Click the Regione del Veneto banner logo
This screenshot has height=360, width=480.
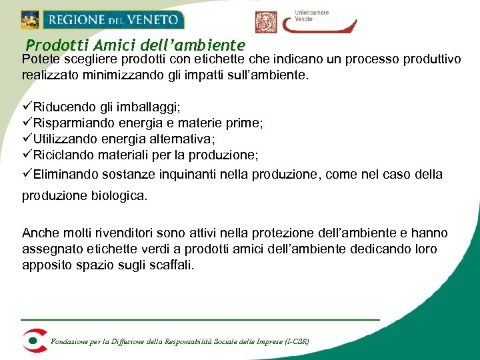[102, 19]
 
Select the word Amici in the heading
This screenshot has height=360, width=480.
[115, 46]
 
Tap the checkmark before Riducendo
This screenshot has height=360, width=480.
[27, 107]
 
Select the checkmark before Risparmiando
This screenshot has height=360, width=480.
[27, 123]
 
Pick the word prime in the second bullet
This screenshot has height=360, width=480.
[245, 123]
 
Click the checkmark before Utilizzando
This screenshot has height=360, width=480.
[27, 139]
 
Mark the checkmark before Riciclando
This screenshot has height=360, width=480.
[27, 155]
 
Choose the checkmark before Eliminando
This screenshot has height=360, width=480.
[27, 174]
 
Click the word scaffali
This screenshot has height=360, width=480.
[173, 265]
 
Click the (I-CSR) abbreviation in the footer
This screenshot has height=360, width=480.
[297, 342]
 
